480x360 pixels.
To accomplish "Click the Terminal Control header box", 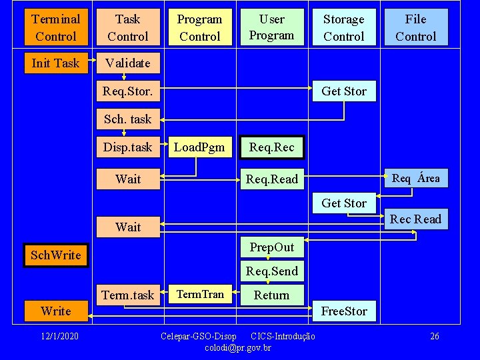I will tap(56, 27).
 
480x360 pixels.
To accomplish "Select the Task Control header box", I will tap(128, 27).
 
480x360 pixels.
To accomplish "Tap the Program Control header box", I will tap(200, 27).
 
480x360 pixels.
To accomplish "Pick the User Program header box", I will tap(272, 27).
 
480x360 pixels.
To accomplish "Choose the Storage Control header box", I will tap(344, 27).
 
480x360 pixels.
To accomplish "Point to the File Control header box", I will tap(416, 27).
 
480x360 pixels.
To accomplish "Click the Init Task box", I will tap(56, 63).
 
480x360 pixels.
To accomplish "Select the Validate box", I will tap(128, 63).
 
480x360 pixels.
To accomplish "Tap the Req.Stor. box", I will tap(128, 91).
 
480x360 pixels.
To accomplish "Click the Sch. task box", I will tap(128, 119).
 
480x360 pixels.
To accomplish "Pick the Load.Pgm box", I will tap(200, 147).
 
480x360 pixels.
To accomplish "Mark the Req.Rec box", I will tap(272, 147).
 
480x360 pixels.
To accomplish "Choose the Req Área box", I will tap(416, 178).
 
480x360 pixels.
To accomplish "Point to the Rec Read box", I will tap(416, 219).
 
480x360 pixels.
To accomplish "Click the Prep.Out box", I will tap(272, 247).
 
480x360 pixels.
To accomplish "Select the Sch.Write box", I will tap(56, 255).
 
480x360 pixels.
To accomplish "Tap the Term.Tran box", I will tap(200, 294).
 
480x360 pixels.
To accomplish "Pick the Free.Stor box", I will tap(344, 311).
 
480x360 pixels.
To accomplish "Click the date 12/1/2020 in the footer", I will tap(59, 336).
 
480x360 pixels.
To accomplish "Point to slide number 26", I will tap(435, 336).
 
